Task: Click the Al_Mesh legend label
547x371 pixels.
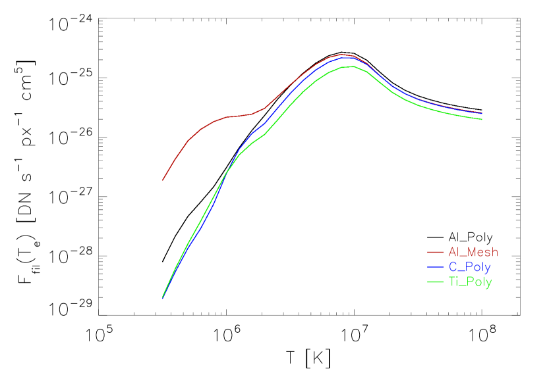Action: tap(473, 252)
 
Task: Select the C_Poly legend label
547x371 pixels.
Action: tap(469, 267)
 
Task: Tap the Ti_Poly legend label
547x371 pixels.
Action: tap(470, 282)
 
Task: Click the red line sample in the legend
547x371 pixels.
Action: tap(435, 252)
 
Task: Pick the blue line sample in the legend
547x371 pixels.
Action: tap(435, 267)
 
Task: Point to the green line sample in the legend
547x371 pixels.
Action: tap(435, 282)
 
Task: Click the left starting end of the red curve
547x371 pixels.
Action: tap(163, 180)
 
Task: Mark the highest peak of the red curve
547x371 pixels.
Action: tap(341, 55)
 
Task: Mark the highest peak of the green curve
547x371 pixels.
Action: tap(353, 66)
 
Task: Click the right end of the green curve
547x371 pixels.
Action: tap(482, 119)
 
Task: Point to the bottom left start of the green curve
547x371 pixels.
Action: tap(162, 297)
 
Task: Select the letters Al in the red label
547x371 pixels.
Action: tap(453, 252)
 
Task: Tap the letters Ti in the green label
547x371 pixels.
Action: tap(452, 282)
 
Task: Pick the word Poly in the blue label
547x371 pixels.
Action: tap(478, 267)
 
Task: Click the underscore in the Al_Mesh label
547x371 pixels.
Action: tap(462, 257)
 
